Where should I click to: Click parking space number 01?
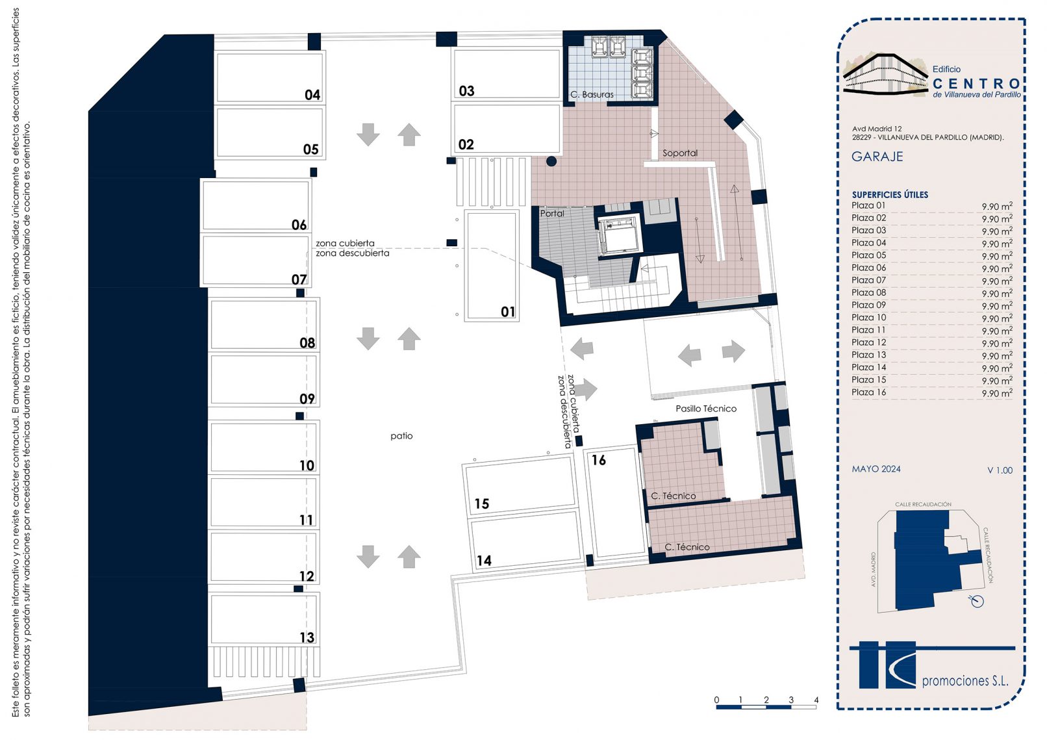[x=492, y=266]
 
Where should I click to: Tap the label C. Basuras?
[x=592, y=94]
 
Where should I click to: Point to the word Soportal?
[x=679, y=153]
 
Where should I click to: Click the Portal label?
[x=552, y=213]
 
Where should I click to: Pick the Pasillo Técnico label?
[x=706, y=409]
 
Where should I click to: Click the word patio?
[x=401, y=436]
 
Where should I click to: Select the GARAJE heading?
[x=877, y=157]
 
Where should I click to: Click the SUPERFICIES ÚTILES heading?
[x=890, y=195]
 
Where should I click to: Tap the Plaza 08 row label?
[x=868, y=292]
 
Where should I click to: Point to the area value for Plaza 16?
[x=997, y=392]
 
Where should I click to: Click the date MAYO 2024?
[x=876, y=469]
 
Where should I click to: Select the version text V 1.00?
[x=1000, y=470]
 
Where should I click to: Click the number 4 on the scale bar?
[x=816, y=700]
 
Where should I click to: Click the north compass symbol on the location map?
[x=976, y=601]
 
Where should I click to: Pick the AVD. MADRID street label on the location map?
[x=873, y=570]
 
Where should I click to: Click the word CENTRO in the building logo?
[x=976, y=84]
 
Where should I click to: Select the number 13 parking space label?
[x=307, y=637]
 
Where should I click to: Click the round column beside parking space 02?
[x=551, y=161]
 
